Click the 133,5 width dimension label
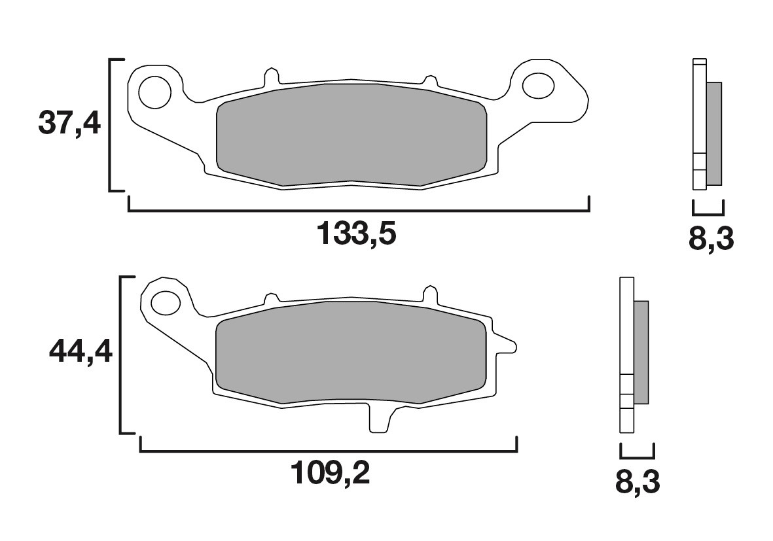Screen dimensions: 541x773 coord(357,234)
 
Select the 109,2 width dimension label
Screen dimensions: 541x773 coord(331,473)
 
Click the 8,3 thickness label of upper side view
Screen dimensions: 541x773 coord(711,239)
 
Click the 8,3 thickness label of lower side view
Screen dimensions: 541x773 coord(638,482)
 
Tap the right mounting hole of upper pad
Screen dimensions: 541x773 coord(538,85)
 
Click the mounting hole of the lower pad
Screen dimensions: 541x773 coord(166,303)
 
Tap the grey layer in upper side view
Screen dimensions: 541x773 coord(715,133)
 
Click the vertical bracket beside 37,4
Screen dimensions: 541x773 coord(110,124)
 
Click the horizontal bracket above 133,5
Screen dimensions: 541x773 coord(359,211)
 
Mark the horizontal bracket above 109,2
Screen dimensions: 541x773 coord(329,451)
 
